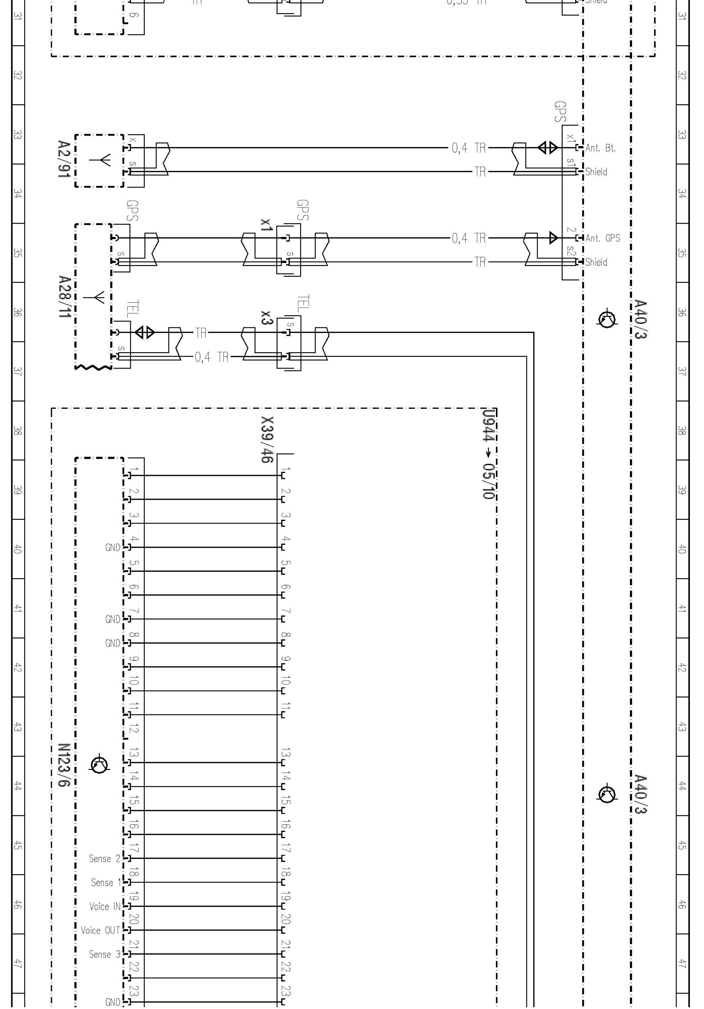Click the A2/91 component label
(x=64, y=159)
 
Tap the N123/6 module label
(x=64, y=765)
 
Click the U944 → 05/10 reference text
(x=488, y=454)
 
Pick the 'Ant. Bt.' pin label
(x=600, y=148)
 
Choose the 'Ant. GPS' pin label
(x=602, y=238)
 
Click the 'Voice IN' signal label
(x=105, y=906)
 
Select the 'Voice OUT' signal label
(x=100, y=930)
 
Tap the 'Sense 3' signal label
(x=104, y=954)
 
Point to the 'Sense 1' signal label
(x=106, y=883)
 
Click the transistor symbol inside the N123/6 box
(x=99, y=765)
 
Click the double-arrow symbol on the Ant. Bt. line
(x=548, y=148)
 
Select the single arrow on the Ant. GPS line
(x=554, y=238)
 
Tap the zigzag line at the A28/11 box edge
(x=93, y=367)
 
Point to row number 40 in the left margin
(x=17, y=549)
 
